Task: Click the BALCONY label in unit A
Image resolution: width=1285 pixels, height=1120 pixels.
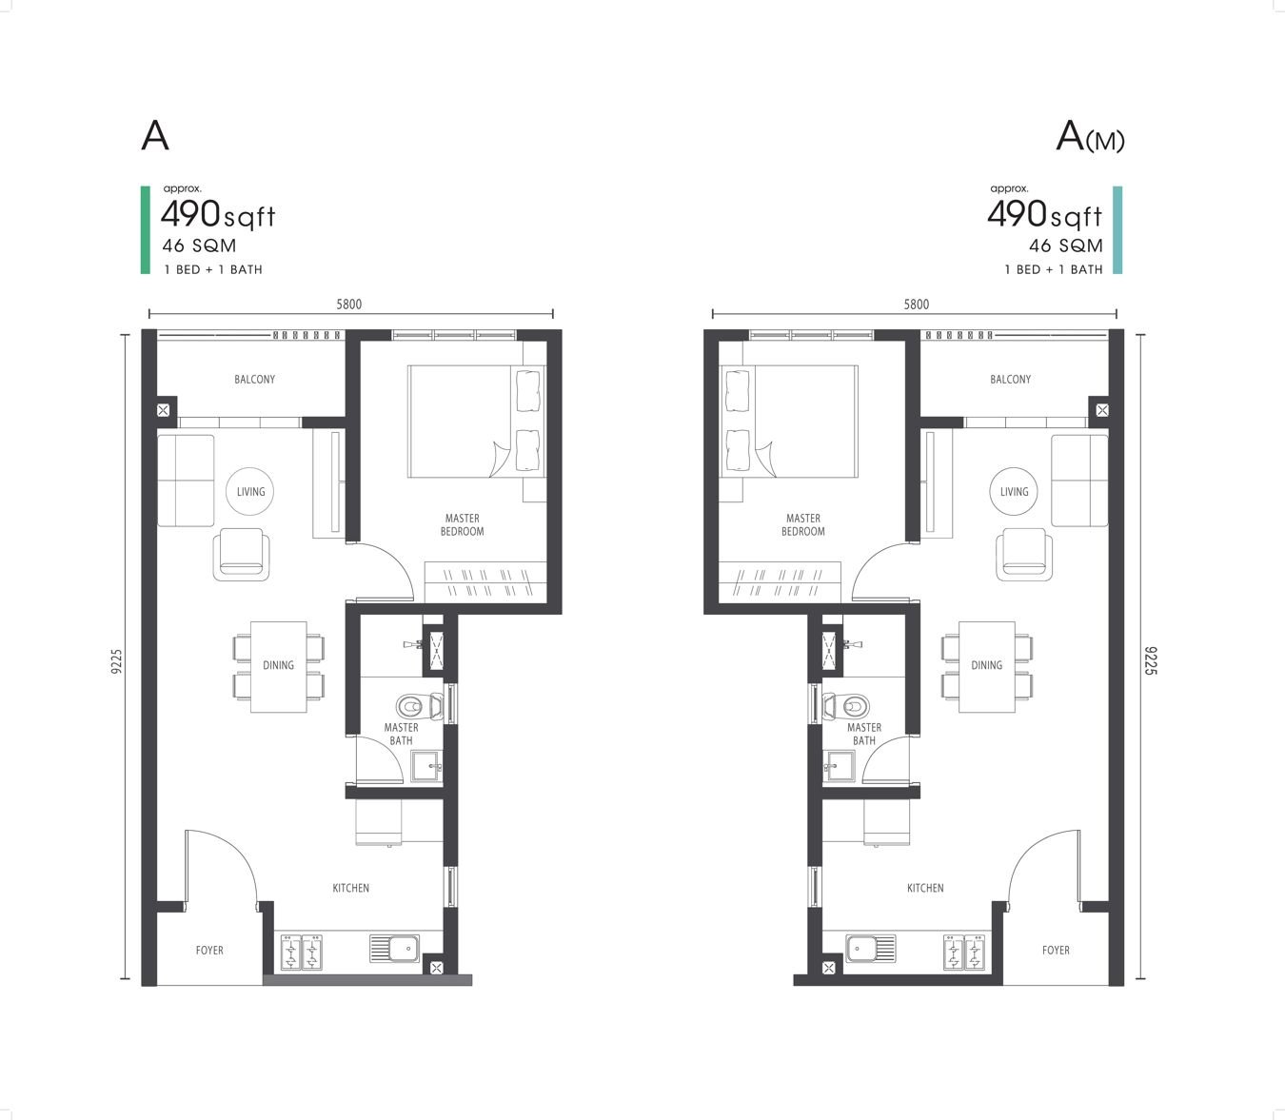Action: [x=254, y=379]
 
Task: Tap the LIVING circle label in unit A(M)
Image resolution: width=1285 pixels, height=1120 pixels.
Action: [x=1014, y=492]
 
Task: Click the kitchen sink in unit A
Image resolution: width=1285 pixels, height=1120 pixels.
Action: [x=394, y=948]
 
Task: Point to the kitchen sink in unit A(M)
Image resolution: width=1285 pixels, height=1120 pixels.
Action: [x=871, y=948]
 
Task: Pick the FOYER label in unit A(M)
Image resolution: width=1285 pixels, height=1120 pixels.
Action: [x=1056, y=950]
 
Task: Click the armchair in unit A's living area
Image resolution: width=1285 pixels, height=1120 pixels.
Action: [x=241, y=555]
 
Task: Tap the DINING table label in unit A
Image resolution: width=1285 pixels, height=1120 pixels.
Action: [x=278, y=665]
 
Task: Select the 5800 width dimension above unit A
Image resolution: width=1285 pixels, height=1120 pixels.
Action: [x=349, y=305]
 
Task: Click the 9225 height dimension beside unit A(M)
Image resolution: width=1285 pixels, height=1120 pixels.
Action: [x=1150, y=660]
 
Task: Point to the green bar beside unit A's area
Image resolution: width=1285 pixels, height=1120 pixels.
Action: [x=145, y=229]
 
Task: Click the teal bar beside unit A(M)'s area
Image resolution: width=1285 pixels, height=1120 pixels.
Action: [x=1117, y=229]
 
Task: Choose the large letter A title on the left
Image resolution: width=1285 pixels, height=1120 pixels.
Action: [x=155, y=135]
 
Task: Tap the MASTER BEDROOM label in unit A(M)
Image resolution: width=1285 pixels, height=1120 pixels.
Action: [x=803, y=525]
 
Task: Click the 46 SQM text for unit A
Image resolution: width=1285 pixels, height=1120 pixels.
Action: [x=199, y=246]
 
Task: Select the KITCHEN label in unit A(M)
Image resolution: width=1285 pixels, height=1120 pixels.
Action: [x=925, y=888]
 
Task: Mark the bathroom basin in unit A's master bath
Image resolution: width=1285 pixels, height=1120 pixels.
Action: [x=426, y=766]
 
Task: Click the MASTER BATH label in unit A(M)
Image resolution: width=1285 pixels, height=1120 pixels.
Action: [x=864, y=734]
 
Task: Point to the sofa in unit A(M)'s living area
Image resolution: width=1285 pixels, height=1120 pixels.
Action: [x=1079, y=481]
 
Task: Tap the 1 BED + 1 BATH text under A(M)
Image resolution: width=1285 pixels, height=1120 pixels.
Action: [x=1054, y=269]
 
